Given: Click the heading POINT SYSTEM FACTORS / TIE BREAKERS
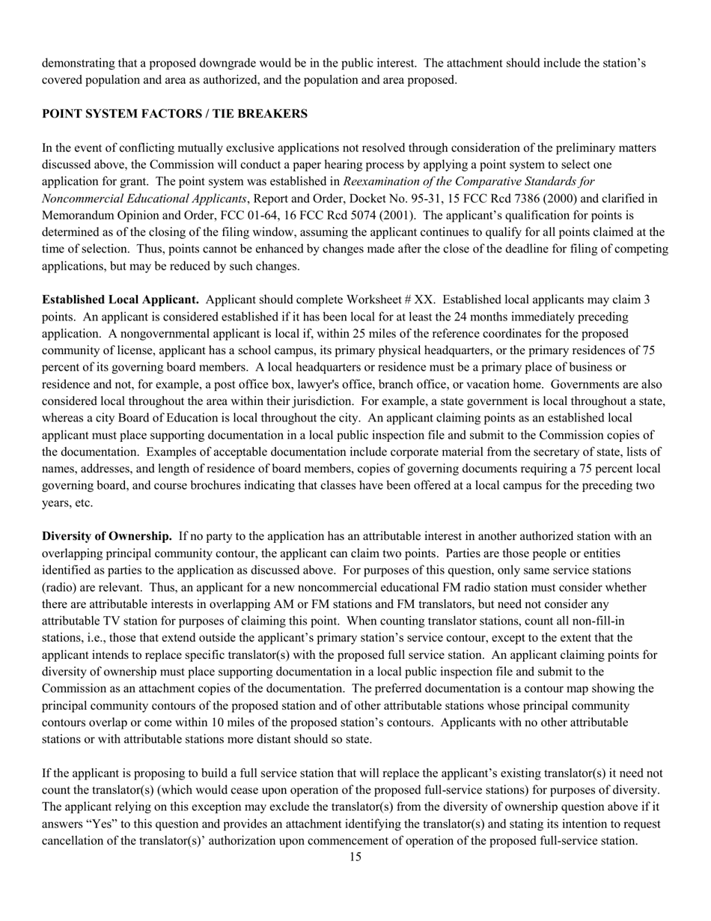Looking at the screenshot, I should [174, 114].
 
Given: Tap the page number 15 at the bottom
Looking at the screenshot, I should [355, 857].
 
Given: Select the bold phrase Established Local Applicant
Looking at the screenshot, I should [120, 300].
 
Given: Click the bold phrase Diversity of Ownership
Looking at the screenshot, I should [107, 536].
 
